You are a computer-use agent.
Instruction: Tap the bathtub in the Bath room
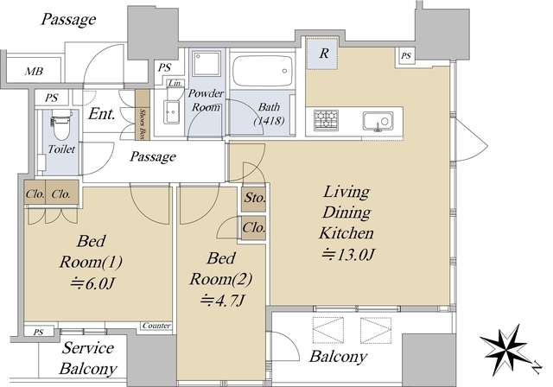coord(263,71)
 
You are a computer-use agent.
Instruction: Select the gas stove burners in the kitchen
coord(326,120)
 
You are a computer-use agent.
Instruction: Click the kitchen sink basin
coord(378,121)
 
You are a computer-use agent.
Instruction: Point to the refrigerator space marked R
coord(322,54)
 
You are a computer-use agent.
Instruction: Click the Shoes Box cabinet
coord(143,115)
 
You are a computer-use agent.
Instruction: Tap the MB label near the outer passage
coord(34,72)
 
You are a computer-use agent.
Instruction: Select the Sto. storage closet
coord(253,199)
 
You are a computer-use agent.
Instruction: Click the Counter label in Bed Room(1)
coord(156,326)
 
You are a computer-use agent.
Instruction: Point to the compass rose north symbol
coord(505,348)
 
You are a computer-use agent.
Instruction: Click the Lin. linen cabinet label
coord(175,84)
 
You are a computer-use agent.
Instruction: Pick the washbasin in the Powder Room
coord(172,112)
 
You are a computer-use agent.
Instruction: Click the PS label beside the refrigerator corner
coord(406,55)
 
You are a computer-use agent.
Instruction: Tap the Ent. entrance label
coord(102,114)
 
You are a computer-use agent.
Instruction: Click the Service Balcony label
coord(88,358)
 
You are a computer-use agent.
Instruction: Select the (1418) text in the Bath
coord(269,121)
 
